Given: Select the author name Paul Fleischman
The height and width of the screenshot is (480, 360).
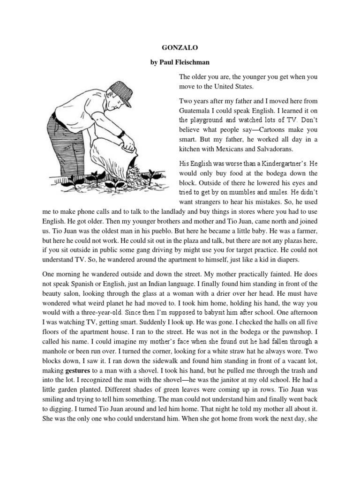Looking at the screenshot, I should (186, 62).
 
